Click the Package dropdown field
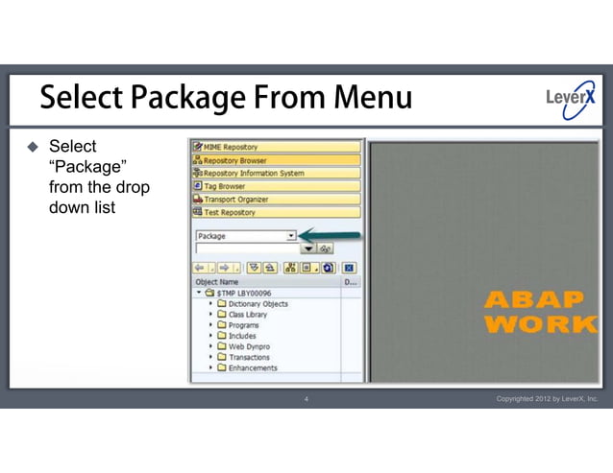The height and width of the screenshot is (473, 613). point(245,235)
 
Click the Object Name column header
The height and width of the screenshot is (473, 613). point(217,282)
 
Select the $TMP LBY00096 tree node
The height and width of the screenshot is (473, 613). point(244,294)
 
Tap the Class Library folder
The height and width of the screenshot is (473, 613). point(248,315)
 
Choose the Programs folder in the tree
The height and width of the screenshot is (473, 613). point(244,325)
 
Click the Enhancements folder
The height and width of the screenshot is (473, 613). point(252,367)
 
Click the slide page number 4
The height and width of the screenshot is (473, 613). point(306,398)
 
